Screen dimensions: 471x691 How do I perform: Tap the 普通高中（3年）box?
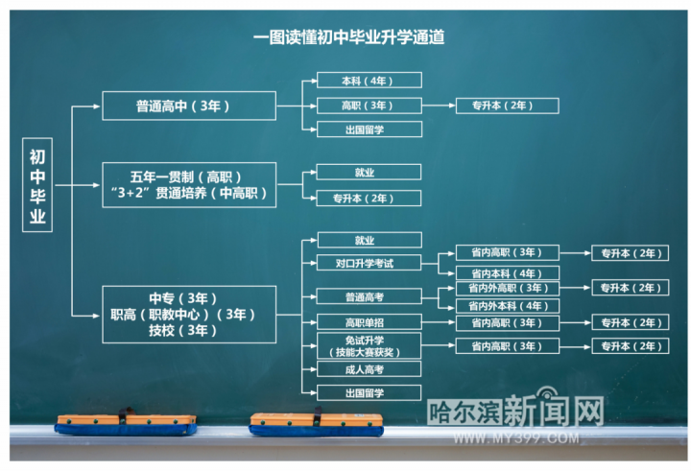(189, 106)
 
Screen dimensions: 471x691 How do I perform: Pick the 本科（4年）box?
(369, 81)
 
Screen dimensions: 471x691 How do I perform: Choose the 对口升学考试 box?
(369, 263)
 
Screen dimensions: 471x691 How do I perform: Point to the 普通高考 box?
(369, 296)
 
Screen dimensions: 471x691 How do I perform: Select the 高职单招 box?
(369, 322)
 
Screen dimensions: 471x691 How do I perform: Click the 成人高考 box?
(369, 368)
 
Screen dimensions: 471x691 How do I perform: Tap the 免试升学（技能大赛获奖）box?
(369, 345)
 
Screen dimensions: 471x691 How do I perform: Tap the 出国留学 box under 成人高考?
(369, 391)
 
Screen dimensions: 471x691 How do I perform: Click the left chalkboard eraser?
(125, 423)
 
